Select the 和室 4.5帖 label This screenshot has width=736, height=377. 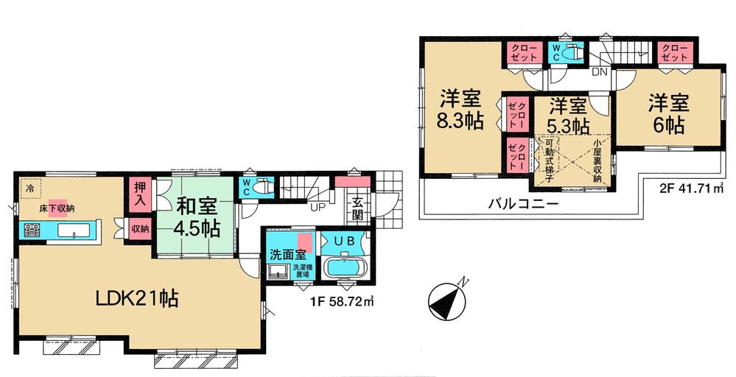197,216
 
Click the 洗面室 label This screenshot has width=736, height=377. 284,255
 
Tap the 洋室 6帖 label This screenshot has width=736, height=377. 667,112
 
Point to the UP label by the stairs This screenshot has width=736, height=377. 318,208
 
